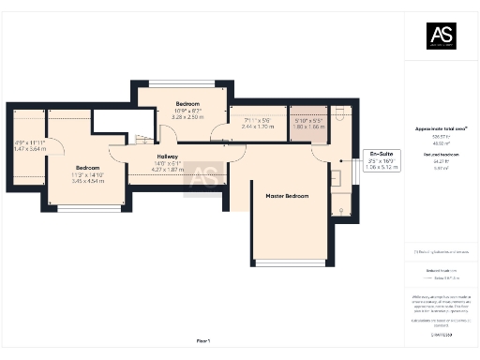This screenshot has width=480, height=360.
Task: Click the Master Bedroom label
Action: pyautogui.click(x=286, y=195)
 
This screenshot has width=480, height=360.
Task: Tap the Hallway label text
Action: pyautogui.click(x=167, y=157)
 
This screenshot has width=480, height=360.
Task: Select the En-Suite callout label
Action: pyautogui.click(x=382, y=153)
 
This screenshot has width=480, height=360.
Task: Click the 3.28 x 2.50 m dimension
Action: pyautogui.click(x=187, y=117)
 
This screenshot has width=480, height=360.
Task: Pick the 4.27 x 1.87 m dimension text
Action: pyautogui.click(x=167, y=170)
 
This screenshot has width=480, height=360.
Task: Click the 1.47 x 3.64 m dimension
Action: pyautogui.click(x=30, y=148)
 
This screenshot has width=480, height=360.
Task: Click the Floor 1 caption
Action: pyautogui.click(x=203, y=339)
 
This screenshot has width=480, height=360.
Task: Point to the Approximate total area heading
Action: pyautogui.click(x=441, y=127)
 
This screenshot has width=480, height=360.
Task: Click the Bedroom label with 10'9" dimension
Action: pyautogui.click(x=187, y=103)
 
